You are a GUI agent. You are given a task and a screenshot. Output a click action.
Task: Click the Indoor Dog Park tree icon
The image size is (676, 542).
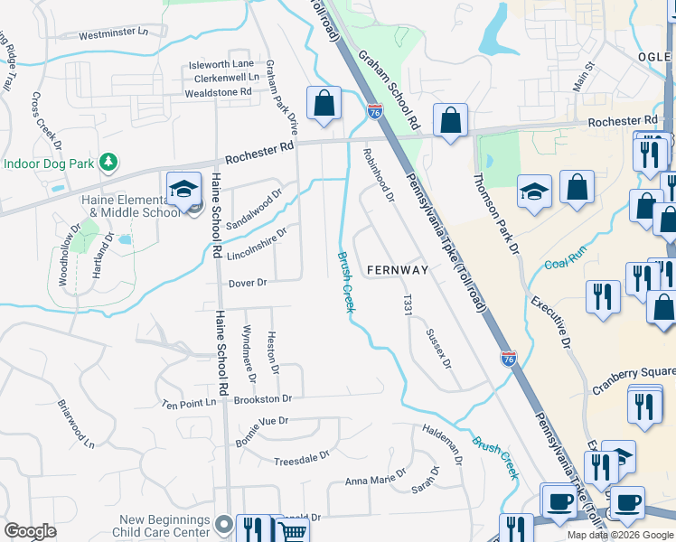108,162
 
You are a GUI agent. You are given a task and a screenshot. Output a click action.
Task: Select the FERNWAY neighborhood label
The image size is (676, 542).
397,270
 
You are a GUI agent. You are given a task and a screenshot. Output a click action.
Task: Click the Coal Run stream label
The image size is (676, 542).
566,261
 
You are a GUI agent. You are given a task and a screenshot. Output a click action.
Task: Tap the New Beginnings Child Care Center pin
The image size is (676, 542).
225,522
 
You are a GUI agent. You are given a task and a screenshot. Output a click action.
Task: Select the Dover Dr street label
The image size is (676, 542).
248,283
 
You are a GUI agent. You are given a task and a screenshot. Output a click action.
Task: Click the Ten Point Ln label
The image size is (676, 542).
189,403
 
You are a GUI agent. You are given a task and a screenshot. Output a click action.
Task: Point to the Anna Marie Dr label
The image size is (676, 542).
375,481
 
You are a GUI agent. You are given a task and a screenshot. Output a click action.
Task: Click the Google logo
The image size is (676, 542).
30,531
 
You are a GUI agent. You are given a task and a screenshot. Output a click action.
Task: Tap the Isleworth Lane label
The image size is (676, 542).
221,64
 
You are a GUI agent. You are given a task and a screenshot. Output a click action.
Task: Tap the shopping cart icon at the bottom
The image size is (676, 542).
292,530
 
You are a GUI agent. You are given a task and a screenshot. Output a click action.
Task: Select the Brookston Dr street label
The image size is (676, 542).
262,398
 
